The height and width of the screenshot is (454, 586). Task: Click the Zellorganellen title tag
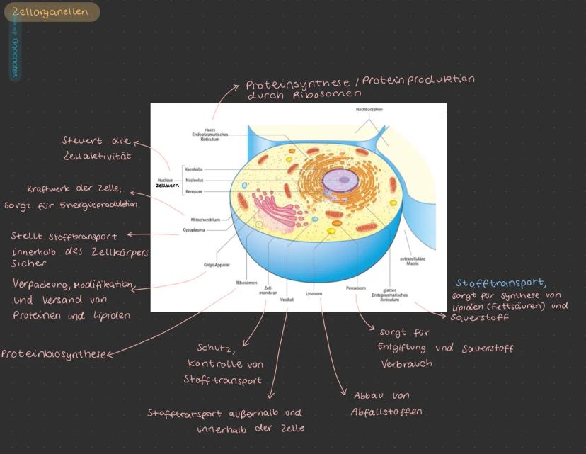click(x=51, y=11)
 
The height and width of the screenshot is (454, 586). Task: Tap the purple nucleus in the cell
click(x=338, y=181)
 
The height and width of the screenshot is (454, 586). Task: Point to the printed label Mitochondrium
click(x=205, y=220)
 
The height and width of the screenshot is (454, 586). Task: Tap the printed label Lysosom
click(x=314, y=293)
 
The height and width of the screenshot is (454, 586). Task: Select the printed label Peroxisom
click(x=355, y=288)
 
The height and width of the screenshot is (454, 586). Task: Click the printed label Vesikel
click(x=287, y=300)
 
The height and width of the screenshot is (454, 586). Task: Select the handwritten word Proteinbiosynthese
click(x=53, y=354)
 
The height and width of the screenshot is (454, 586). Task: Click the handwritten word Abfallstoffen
click(x=386, y=412)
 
